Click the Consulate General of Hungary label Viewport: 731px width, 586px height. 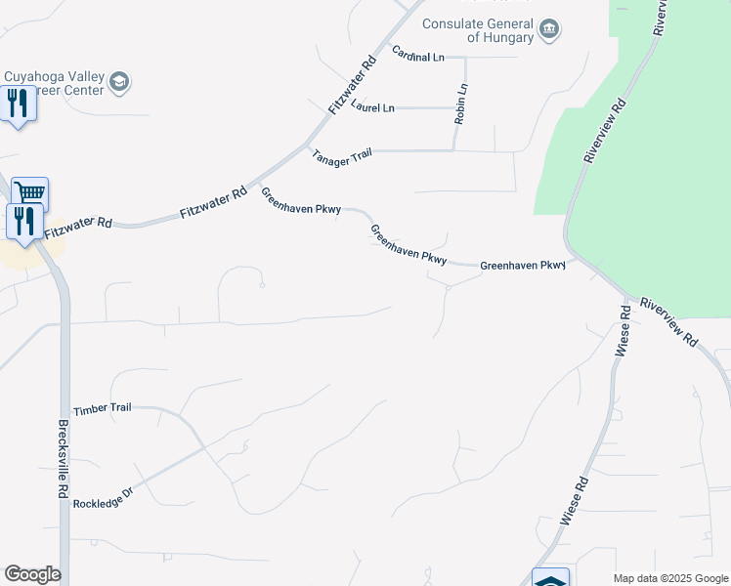point(478,31)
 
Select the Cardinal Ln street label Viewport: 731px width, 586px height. point(418,54)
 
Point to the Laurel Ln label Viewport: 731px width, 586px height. point(373,106)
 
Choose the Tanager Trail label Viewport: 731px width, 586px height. point(342,157)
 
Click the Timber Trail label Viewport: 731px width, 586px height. point(102,409)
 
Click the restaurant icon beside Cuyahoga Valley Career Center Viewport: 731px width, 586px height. point(17,103)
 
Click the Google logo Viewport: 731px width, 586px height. point(32,574)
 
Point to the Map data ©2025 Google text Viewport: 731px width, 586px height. point(669,578)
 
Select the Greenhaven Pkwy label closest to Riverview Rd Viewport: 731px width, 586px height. point(523,265)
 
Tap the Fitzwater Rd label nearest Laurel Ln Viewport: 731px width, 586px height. point(352,85)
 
